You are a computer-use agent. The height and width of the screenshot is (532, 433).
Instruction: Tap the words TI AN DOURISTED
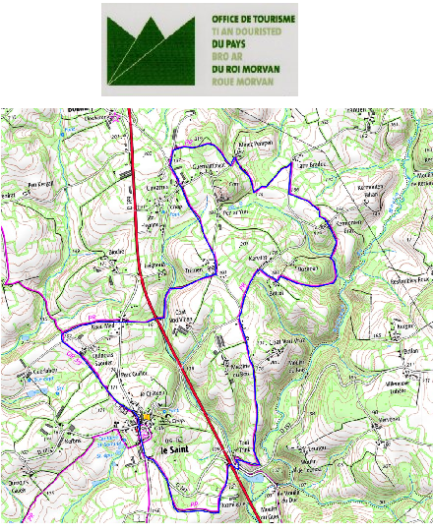[x=247, y=31]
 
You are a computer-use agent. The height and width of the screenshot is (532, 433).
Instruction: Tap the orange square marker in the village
[x=146, y=417]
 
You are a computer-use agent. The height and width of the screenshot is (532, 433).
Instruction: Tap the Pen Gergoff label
[x=40, y=184]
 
